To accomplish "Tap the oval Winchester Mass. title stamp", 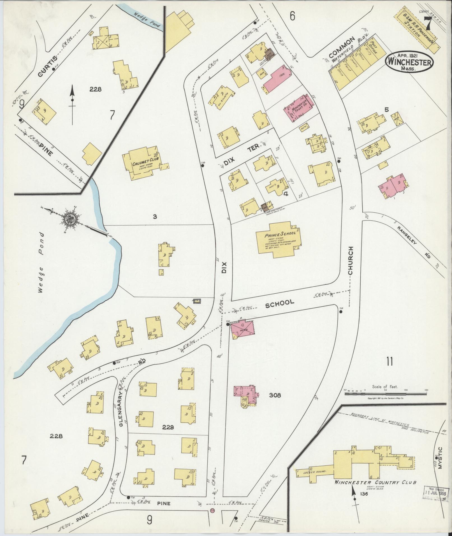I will point(409,63).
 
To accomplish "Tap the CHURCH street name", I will point(351,261).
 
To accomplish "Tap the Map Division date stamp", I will point(436,492).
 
